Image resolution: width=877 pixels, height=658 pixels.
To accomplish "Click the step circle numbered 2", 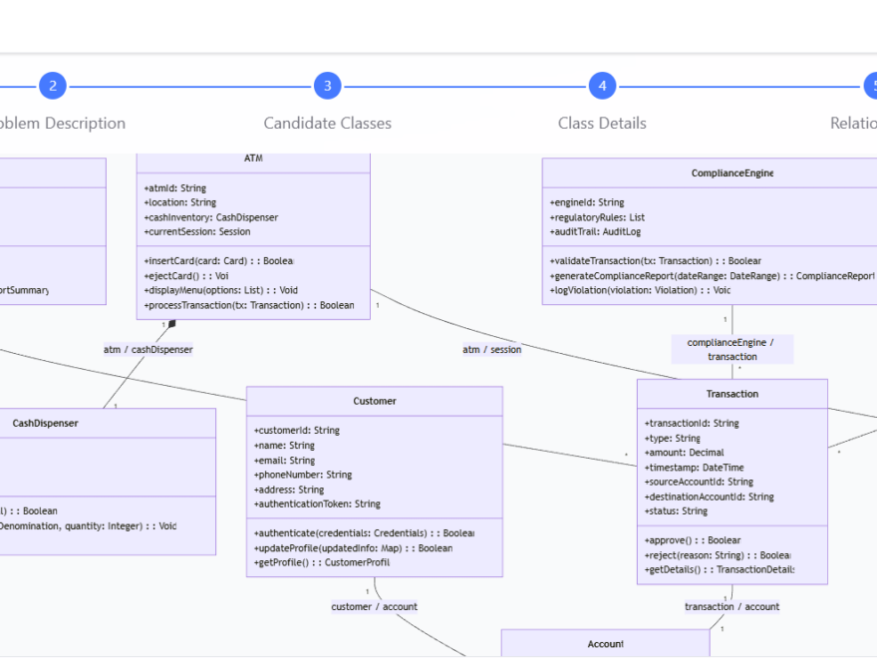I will click(x=53, y=86).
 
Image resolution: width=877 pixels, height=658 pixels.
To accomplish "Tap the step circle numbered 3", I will click(x=327, y=86).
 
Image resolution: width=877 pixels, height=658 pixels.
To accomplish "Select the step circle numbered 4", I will click(x=602, y=86).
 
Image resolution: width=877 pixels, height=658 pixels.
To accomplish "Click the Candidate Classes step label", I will click(x=327, y=124).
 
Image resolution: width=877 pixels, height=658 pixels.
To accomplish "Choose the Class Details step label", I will click(x=602, y=124).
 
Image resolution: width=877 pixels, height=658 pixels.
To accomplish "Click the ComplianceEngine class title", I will click(x=731, y=172).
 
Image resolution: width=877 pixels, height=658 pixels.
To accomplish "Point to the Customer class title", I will click(x=374, y=401).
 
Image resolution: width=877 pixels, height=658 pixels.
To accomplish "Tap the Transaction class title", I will click(x=731, y=394).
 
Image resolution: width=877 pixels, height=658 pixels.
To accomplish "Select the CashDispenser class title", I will click(x=45, y=423).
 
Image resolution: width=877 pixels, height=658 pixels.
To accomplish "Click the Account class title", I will click(x=605, y=644).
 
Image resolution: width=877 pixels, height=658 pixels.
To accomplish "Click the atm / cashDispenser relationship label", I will click(x=147, y=349).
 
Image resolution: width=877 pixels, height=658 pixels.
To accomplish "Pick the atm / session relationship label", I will click(x=491, y=349).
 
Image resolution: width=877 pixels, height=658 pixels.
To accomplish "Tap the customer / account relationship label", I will click(x=374, y=606).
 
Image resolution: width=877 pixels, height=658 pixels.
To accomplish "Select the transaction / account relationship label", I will click(x=731, y=606).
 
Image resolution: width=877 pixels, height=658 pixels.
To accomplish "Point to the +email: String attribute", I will click(x=284, y=461).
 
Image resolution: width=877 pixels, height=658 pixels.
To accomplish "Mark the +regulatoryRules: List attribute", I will click(x=597, y=217).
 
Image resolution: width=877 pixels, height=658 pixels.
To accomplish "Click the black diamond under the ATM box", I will click(x=171, y=324).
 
